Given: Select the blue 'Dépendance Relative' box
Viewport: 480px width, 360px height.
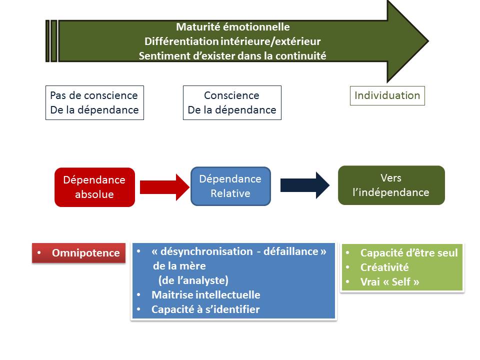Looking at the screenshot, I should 230,186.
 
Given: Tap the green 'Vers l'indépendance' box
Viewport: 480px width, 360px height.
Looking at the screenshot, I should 391,185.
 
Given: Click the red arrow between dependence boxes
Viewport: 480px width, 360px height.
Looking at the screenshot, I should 164,187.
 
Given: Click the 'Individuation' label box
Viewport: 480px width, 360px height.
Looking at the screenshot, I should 387,95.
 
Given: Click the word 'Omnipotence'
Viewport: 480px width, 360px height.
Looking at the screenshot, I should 85,253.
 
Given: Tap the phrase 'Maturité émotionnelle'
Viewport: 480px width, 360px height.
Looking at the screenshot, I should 233,27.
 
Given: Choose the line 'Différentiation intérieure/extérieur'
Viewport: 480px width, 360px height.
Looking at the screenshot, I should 232,41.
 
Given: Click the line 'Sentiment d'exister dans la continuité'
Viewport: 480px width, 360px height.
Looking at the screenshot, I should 232,55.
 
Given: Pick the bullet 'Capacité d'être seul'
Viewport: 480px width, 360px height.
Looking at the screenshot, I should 408,253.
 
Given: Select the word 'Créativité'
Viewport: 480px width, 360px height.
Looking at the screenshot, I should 384,267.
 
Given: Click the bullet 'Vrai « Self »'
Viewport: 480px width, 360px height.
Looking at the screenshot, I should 389,282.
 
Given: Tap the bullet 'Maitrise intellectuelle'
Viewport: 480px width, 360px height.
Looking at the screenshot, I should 205,295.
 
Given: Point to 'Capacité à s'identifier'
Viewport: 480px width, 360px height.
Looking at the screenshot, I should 205,309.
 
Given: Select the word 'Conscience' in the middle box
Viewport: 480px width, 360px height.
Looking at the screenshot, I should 231,95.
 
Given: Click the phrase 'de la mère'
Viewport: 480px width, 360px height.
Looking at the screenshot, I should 179,266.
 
